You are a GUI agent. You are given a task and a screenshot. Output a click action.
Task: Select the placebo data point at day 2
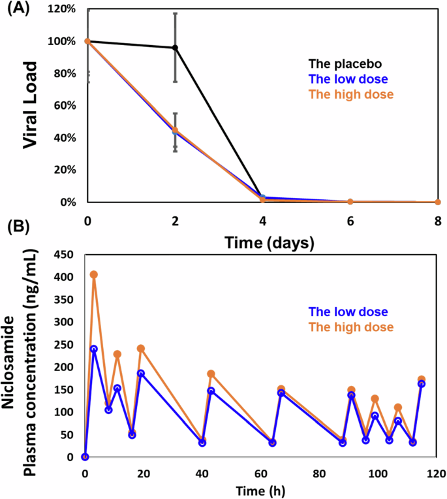tap(175, 48)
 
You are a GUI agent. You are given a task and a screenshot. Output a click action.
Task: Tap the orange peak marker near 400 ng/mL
tap(94, 274)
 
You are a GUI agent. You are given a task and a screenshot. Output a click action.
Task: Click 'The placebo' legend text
tap(345, 64)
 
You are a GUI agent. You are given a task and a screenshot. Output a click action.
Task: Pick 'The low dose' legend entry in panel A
tap(349, 79)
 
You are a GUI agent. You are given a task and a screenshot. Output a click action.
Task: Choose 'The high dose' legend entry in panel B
tap(352, 327)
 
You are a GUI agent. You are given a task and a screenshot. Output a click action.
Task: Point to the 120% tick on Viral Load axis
tap(64, 10)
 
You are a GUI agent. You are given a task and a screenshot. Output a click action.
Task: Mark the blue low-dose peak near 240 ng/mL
tap(94, 349)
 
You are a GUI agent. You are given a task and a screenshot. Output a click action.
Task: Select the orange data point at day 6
tap(350, 202)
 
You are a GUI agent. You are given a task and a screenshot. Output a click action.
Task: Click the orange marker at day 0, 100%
tap(87, 41)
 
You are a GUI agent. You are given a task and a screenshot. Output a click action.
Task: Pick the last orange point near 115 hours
tap(422, 379)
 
